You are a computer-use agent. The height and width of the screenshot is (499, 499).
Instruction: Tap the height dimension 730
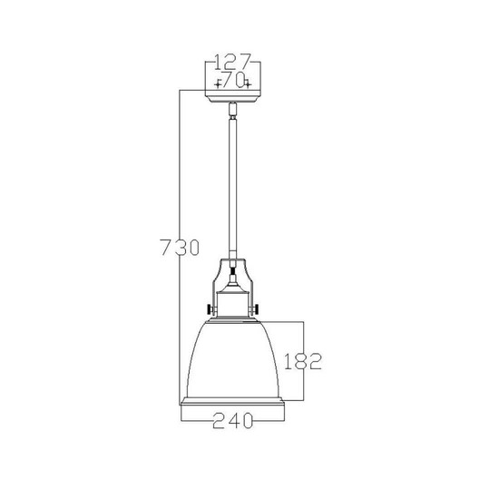click(x=177, y=247)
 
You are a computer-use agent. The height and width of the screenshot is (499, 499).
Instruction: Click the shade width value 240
click(x=233, y=419)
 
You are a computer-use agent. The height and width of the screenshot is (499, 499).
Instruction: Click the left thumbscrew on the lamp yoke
click(x=210, y=311)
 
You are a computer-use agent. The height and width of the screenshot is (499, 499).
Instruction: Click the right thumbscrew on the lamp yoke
click(x=259, y=311)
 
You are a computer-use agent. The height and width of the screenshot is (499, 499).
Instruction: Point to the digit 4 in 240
click(x=233, y=419)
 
